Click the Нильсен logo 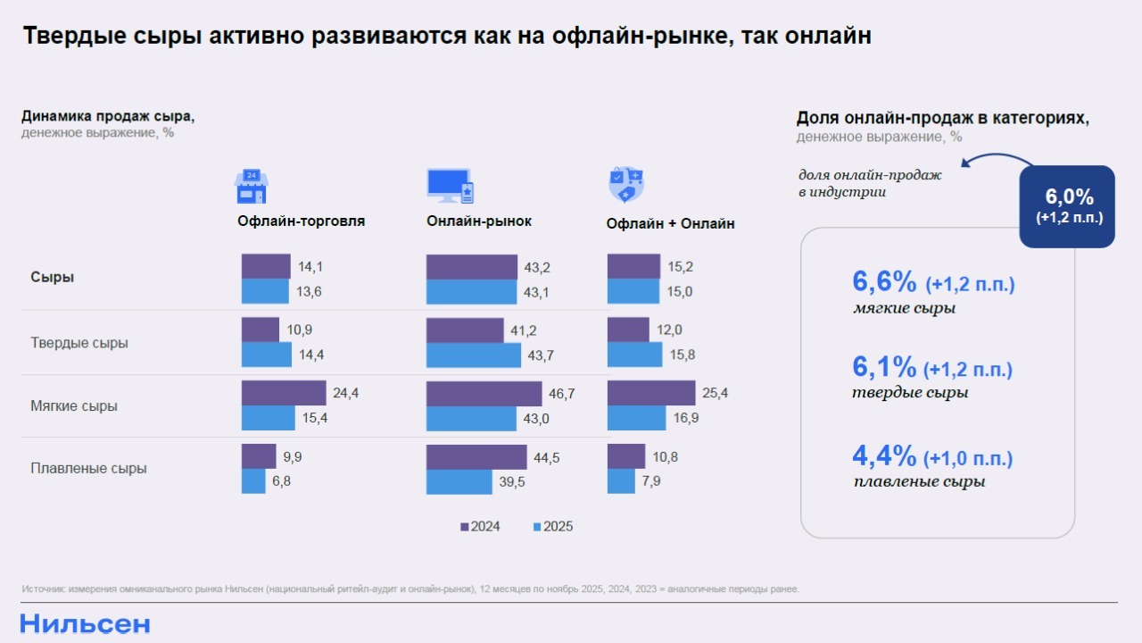[x=85, y=624]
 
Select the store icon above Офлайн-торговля [x=251, y=186]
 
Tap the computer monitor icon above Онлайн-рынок [x=450, y=186]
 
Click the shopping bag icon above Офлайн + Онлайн [x=625, y=185]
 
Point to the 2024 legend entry [x=480, y=527]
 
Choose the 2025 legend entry [x=553, y=527]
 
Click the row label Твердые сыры [x=79, y=343]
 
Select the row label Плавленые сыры [x=88, y=468]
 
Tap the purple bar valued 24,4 [x=284, y=393]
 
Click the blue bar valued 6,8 [x=253, y=481]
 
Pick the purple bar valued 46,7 [x=484, y=394]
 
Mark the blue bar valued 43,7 [x=473, y=355]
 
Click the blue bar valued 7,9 [x=621, y=481]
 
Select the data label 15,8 [x=683, y=355]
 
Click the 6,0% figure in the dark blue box [x=1069, y=197]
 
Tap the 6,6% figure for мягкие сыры [x=885, y=282]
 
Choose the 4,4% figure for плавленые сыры [x=885, y=456]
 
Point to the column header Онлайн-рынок [x=479, y=221]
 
